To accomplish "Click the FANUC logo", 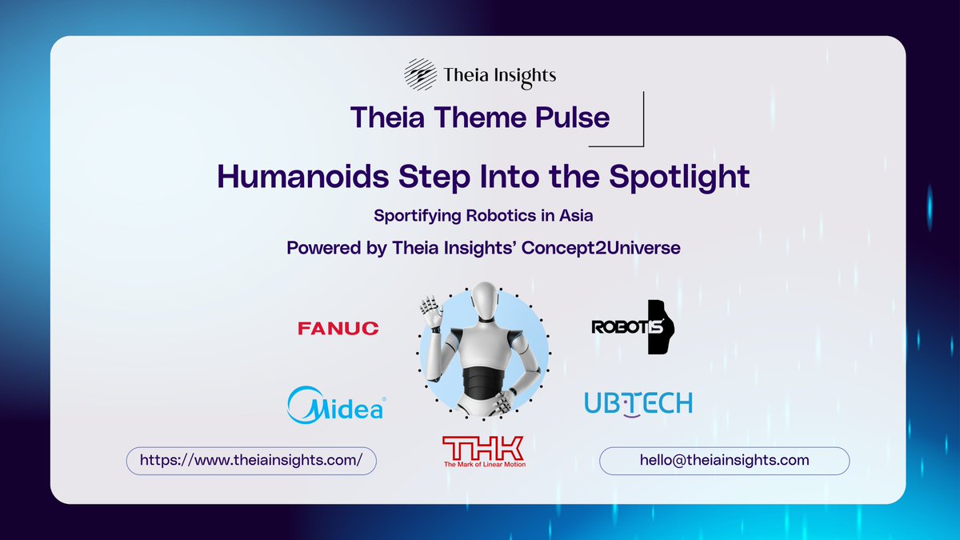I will [338, 328].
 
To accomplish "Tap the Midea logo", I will [335, 404].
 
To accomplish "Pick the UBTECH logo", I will [638, 404].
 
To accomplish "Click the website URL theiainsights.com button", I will [251, 461].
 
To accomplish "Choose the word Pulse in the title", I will [574, 118].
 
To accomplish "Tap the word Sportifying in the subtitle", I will [415, 216].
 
